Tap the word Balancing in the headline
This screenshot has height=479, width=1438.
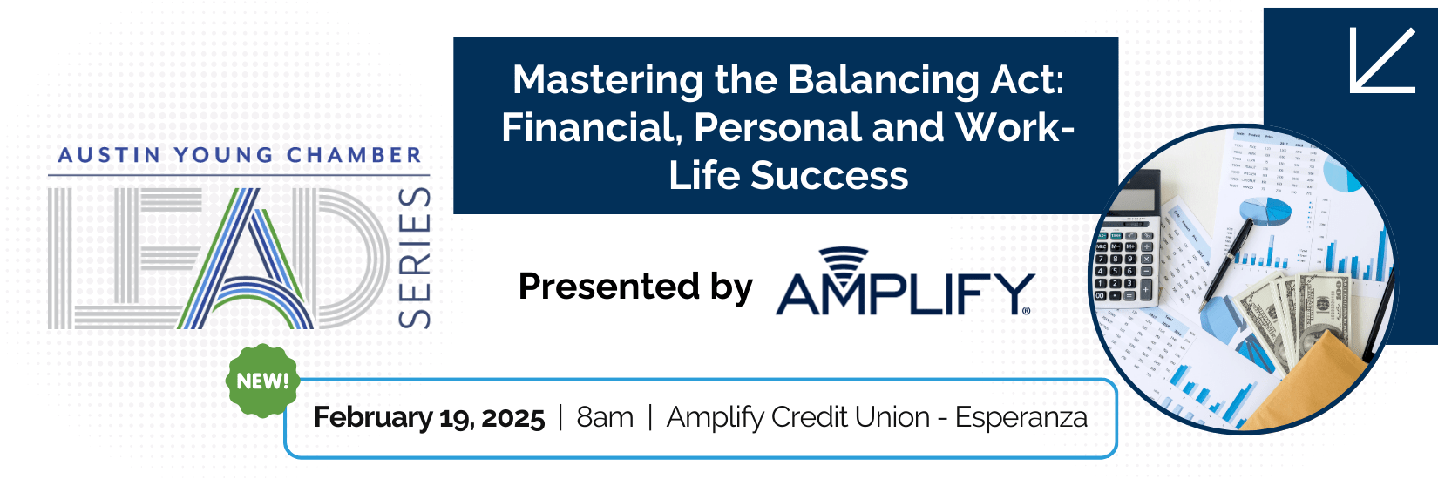[x=882, y=82]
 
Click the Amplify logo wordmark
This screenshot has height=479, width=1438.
[x=905, y=294]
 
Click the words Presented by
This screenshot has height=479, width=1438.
[x=635, y=287]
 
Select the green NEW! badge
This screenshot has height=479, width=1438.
[x=262, y=381]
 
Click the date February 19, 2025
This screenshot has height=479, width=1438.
[x=429, y=418]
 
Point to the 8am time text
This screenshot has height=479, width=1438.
[x=605, y=418]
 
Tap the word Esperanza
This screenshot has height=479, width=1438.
[x=1021, y=418]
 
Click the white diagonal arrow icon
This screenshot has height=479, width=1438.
[x=1382, y=60]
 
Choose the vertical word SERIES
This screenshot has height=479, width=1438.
[x=414, y=258]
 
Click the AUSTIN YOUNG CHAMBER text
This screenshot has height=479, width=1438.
[x=240, y=155]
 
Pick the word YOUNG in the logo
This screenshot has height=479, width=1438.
[x=224, y=155]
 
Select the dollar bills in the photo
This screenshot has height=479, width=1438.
[x=1297, y=320]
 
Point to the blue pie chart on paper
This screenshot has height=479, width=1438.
[x=1265, y=212]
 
